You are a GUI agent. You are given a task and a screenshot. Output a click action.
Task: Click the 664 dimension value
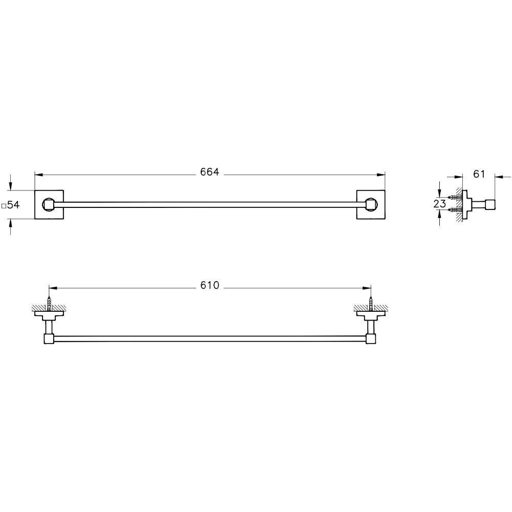tap(209, 173)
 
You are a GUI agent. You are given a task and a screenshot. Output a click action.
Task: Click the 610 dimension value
tap(209, 286)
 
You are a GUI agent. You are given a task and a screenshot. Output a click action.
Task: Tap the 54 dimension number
tap(13, 205)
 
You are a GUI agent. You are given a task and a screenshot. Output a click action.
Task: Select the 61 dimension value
tap(479, 175)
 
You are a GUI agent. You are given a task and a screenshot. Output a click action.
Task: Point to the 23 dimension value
tap(440, 203)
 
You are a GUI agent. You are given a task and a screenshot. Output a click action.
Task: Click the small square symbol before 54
tap(4, 205)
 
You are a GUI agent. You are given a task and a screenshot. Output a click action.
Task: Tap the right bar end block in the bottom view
tap(371, 338)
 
